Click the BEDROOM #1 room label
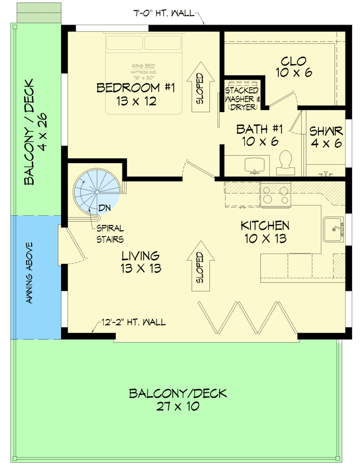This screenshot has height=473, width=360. pos(135,95)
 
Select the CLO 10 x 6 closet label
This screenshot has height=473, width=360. pos(293,67)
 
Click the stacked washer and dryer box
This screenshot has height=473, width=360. pos(242,95)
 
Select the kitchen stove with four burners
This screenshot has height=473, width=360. pos(275,194)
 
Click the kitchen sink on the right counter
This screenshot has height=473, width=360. pos(333,228)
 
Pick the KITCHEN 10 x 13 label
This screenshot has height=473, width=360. pos(265,232)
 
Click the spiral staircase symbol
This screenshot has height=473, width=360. pos(95,191)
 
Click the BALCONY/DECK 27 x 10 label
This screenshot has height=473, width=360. pos(178,400)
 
